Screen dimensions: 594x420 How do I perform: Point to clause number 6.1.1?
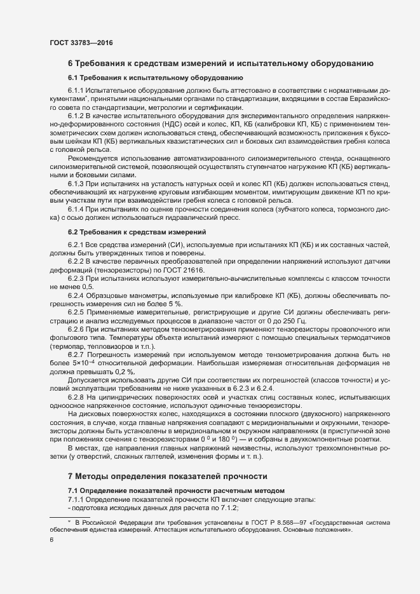click(76, 91)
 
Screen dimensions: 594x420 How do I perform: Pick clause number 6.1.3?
click(76, 184)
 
